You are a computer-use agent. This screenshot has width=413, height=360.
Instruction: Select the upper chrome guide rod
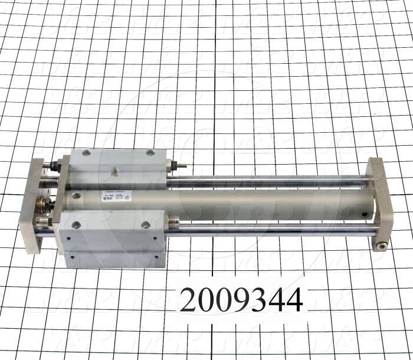(x=265, y=182)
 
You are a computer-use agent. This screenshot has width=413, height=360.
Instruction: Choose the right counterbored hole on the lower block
(x=145, y=224)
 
